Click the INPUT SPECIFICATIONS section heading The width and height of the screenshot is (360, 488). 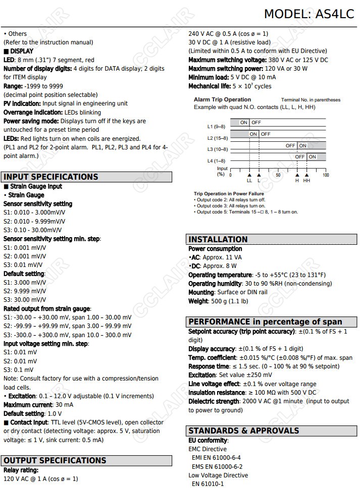coord(51,177)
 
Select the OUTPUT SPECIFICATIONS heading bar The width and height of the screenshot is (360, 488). coord(55,460)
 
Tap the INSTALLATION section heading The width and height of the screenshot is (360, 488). coord(218,239)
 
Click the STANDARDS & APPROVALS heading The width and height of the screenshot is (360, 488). coord(243,430)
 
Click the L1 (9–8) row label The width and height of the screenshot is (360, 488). coord(216,126)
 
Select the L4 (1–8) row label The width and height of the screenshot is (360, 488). coord(216,160)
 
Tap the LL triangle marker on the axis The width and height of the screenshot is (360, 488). coord(249,175)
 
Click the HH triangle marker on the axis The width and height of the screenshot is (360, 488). coord(306,175)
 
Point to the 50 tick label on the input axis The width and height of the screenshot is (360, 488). coord(278,175)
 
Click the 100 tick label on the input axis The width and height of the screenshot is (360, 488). coord(326,175)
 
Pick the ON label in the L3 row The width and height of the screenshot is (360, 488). coord(302,146)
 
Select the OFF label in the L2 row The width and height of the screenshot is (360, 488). coord(266,134)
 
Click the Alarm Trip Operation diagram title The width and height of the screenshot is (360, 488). coord(222,99)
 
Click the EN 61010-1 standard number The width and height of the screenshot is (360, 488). coord(208,484)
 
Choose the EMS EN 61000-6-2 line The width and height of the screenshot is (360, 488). coord(217,467)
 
